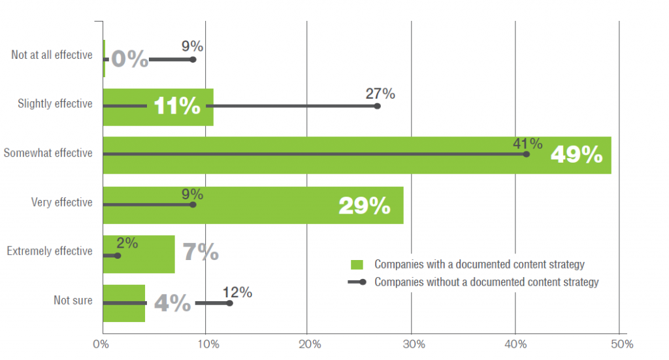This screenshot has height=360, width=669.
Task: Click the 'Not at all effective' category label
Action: coord(52,55)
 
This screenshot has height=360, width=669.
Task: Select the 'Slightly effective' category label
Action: coord(55,104)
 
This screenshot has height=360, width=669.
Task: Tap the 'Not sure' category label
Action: coord(73,301)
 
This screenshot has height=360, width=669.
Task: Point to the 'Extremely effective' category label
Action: coord(50,251)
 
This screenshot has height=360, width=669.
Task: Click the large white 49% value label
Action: coord(576,154)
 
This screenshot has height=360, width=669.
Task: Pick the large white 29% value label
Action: coord(364,206)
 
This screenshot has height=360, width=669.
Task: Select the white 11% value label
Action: coord(177,106)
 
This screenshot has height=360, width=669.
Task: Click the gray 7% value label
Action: coord(200,252)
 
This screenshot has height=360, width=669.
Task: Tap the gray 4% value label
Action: coord(172,303)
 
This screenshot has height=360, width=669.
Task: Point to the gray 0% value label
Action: coord(130,59)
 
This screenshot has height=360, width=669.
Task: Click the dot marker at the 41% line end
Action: coord(526,154)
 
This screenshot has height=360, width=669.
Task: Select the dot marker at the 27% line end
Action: coord(377,106)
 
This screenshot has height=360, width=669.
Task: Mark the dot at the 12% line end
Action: coord(229,303)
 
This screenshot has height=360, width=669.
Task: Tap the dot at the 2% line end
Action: coord(118,255)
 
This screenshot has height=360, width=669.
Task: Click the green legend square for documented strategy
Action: coord(356,265)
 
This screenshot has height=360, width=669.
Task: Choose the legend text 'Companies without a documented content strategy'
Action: coord(486,282)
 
